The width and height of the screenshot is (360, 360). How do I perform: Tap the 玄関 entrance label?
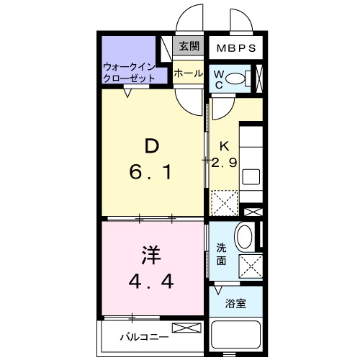(x=189, y=48)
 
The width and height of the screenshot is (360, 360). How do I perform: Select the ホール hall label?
(x=188, y=73)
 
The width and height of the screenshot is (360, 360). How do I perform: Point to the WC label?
(x=218, y=78)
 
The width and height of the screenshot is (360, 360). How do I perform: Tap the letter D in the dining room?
(x=152, y=146)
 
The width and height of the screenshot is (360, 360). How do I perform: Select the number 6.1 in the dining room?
(x=151, y=174)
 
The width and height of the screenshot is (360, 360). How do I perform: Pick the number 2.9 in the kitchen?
(x=224, y=163)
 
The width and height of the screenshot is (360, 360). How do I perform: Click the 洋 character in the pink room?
(x=150, y=256)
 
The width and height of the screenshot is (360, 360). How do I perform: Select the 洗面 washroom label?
(x=222, y=253)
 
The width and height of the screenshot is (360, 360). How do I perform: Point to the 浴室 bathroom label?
(x=236, y=303)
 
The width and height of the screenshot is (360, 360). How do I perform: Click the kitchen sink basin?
(x=251, y=176)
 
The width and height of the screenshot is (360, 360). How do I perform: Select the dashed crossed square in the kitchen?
(x=225, y=202)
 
